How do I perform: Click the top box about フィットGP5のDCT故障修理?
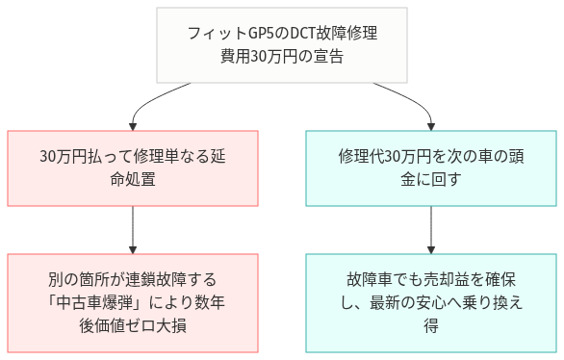pos(282,45)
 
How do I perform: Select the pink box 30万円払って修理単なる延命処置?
pos(132,167)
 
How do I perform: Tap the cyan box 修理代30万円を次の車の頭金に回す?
pos(430,167)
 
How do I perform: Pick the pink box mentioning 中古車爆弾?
pos(132,302)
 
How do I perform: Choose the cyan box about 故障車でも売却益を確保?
pos(430,302)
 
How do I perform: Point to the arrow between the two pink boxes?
pos(132,229)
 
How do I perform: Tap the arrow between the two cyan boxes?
pos(430,229)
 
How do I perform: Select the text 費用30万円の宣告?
pos(282,57)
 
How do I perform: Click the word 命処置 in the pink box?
pos(132,180)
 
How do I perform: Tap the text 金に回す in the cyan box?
pos(430,180)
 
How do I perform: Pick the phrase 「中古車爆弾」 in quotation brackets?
pos(97,302)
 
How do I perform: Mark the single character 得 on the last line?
pos(430,325)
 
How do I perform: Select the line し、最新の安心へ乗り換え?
pos(430,302)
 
